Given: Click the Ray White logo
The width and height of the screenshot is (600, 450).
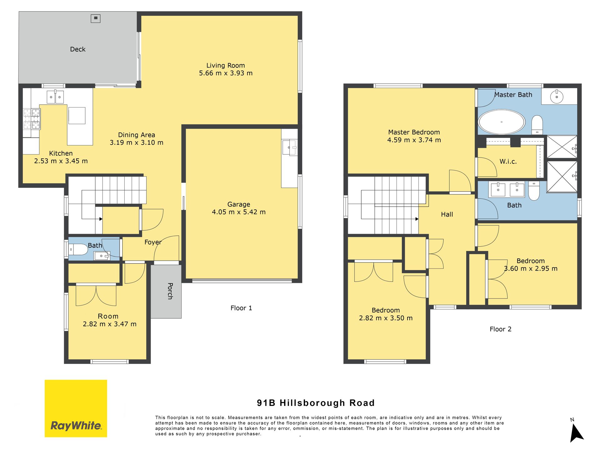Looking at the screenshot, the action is click(76, 408).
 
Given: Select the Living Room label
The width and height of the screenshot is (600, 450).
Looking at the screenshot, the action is click(226, 65).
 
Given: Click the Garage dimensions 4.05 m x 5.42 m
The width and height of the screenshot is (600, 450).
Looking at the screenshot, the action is click(239, 212).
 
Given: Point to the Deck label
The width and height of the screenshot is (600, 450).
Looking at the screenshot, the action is click(78, 49).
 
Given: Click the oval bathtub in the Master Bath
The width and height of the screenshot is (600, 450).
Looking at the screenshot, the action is click(502, 122).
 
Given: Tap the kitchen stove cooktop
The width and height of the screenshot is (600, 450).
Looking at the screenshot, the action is click(32, 119).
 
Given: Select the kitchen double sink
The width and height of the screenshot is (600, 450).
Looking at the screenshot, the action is click(55, 97).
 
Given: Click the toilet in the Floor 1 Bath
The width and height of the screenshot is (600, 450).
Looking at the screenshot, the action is click(78, 250).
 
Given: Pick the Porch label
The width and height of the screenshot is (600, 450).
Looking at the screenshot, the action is click(170, 291).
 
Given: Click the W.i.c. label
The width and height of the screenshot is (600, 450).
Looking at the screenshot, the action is click(508, 162).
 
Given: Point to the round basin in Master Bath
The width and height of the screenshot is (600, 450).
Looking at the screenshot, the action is click(557, 97).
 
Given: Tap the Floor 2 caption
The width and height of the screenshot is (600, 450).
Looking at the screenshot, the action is click(501, 329).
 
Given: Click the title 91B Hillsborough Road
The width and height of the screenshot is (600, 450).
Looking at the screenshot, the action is click(316, 403).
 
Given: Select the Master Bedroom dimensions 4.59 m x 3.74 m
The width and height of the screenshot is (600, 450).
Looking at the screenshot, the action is click(414, 140).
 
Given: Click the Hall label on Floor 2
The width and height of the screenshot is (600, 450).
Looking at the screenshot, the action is click(447, 214).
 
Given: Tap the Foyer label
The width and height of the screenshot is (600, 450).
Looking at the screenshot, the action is click(153, 242).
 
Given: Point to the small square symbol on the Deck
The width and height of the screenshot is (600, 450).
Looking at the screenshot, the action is click(96, 18).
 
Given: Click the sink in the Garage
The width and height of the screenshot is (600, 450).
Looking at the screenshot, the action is click(290, 147).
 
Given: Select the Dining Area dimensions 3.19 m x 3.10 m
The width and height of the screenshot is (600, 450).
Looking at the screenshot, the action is click(137, 142).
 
